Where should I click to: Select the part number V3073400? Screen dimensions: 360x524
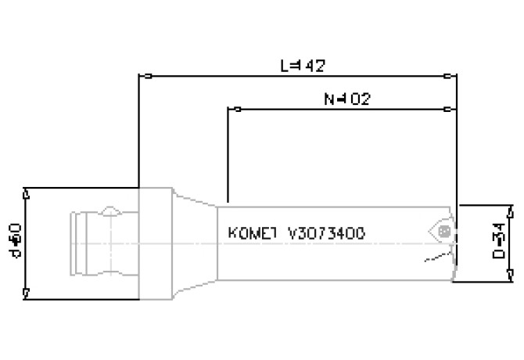tap(325, 233)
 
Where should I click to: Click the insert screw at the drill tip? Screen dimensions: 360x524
tap(444, 232)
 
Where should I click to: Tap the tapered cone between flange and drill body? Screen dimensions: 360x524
tap(194, 243)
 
